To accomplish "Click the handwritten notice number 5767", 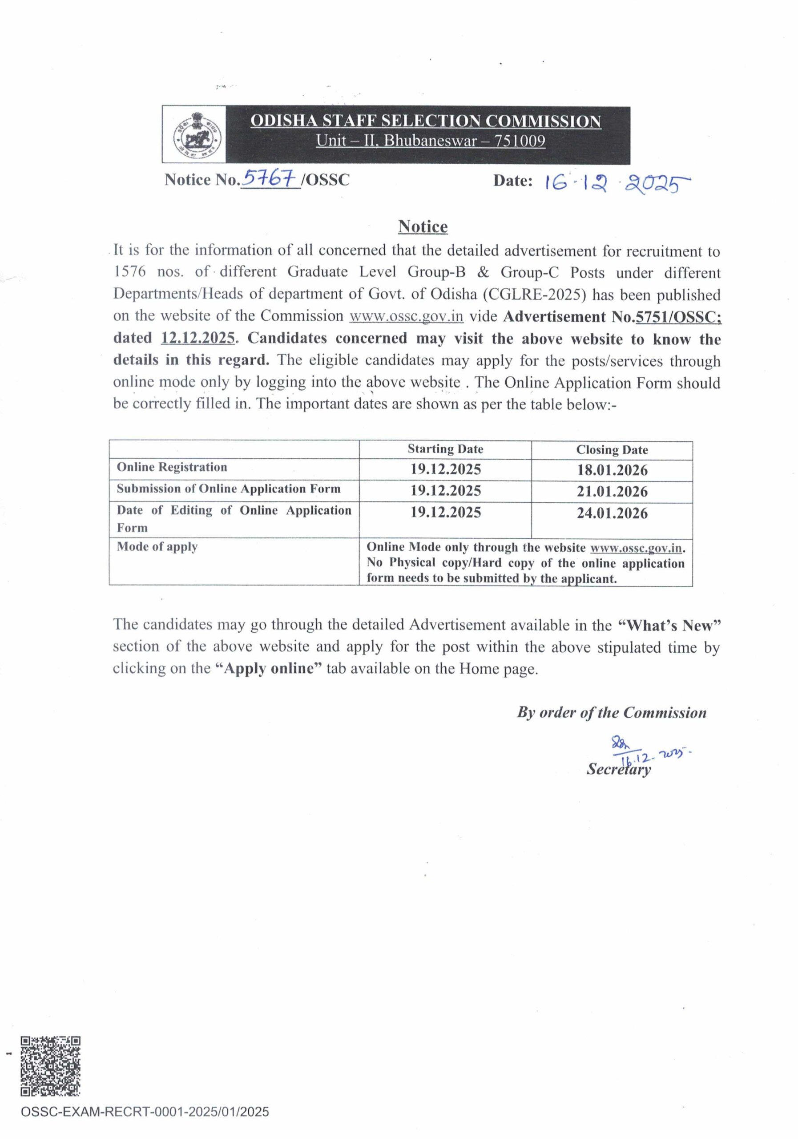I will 271,178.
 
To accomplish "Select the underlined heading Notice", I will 423,227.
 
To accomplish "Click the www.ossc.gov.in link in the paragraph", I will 406,316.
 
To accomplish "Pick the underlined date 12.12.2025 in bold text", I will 197,338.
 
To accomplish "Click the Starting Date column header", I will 445,449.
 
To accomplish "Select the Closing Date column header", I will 612,450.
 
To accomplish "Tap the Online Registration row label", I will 172,467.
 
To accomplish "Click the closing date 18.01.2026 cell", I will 612,470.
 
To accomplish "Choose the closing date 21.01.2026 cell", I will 612,492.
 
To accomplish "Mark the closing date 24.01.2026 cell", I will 612,513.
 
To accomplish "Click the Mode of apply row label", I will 157,547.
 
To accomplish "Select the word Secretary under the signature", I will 618,769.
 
